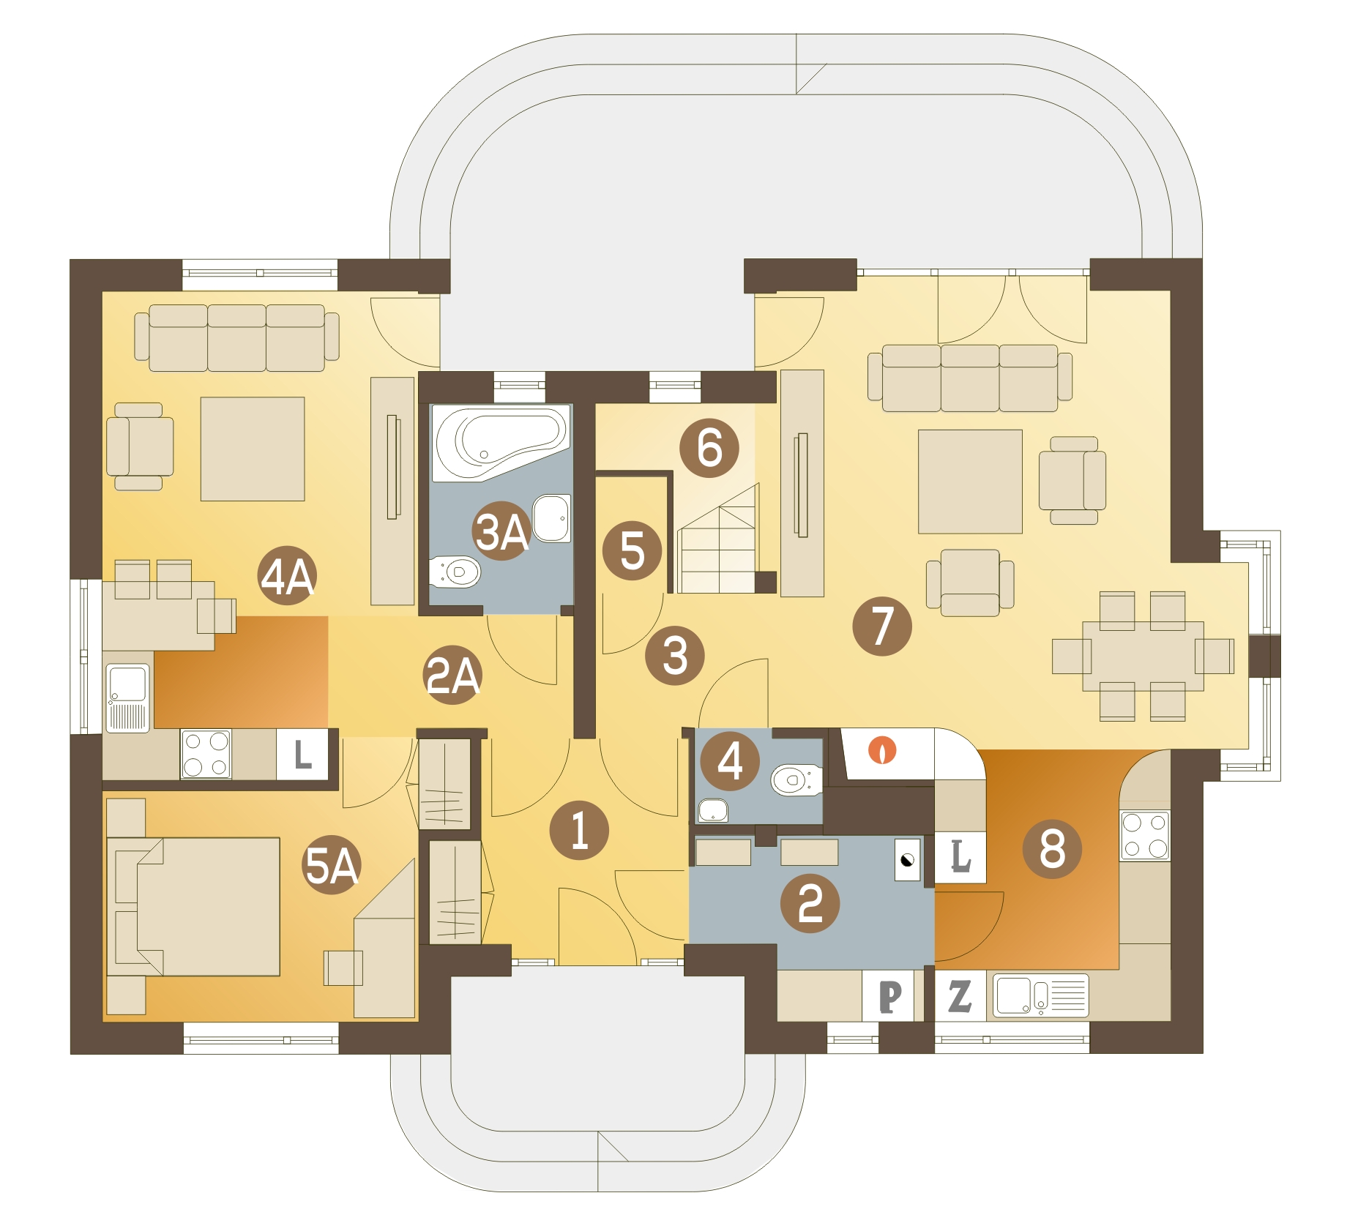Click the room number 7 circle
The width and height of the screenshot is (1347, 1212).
tap(881, 626)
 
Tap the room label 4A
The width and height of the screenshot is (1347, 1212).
tap(288, 576)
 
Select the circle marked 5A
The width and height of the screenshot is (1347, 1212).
tap(332, 866)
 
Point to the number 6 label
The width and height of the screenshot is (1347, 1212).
tap(709, 448)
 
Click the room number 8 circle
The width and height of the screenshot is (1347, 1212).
tap(1052, 849)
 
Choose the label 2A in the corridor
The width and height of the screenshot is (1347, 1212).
tap(453, 675)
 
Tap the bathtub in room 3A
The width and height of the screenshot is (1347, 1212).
tap(501, 441)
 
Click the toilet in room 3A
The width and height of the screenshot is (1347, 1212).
tap(455, 572)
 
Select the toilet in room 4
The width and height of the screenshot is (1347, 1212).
tap(795, 779)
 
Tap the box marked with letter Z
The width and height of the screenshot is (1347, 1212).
tap(960, 996)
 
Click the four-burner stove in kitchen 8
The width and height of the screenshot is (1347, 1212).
tap(1145, 835)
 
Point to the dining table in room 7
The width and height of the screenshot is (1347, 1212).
tap(1143, 656)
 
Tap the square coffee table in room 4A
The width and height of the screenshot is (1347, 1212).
tap(253, 449)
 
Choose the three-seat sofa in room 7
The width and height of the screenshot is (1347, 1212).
tap(969, 378)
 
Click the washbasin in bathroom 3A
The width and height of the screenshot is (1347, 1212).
tap(551, 518)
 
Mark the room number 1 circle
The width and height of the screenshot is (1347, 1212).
tap(579, 830)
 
